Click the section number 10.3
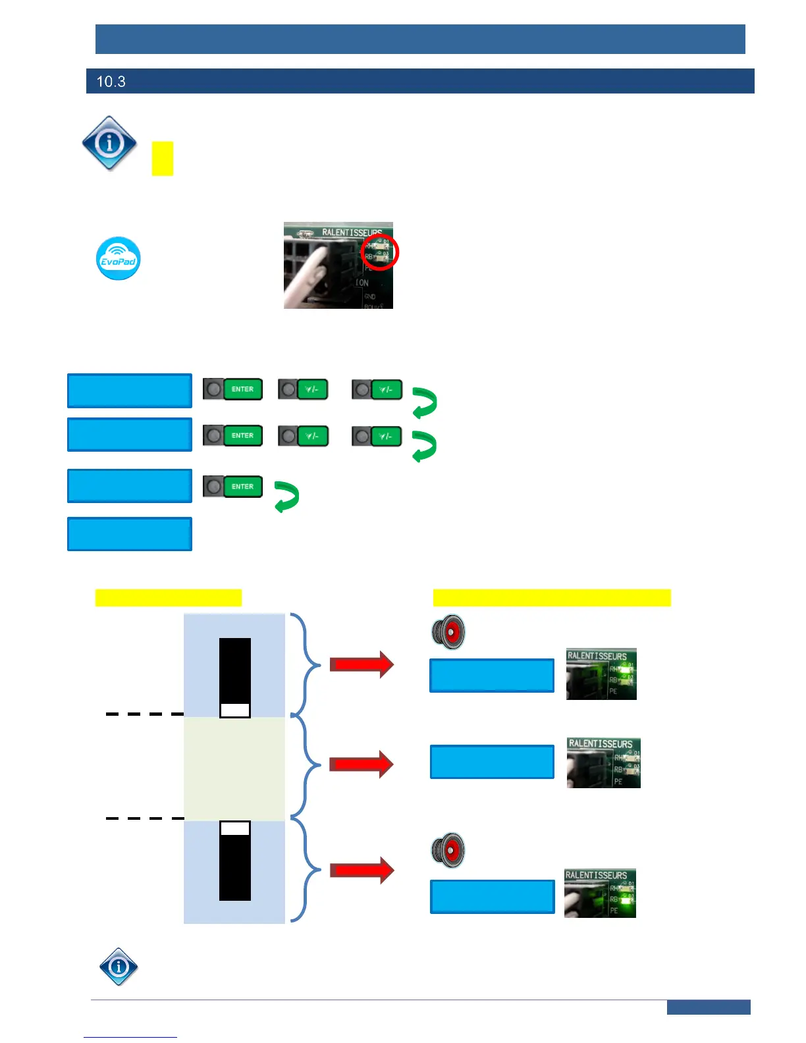tap(111, 82)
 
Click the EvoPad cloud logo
tap(119, 259)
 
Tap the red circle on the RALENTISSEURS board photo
tap(380, 252)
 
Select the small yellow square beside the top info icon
tap(162, 159)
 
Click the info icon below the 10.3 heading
tap(109, 144)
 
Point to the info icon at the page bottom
tap(119, 966)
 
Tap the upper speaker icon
tap(448, 632)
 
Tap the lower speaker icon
tap(448, 850)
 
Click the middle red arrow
tap(361, 764)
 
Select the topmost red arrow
tap(361, 664)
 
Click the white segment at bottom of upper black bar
tap(234, 710)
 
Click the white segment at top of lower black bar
tap(234, 828)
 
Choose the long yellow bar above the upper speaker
tap(552, 597)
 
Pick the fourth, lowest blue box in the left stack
tap(130, 533)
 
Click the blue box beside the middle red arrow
tap(492, 762)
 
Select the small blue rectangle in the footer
tap(708, 1007)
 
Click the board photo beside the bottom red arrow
tap(600, 894)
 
